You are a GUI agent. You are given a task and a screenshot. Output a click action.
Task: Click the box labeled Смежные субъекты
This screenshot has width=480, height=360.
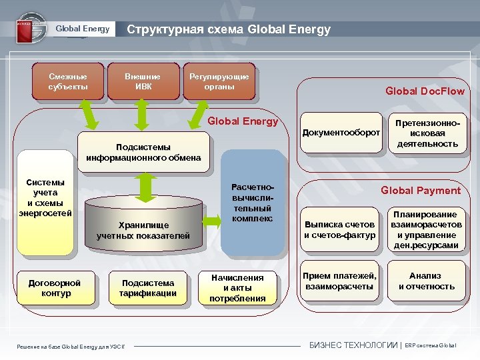tap(67, 81)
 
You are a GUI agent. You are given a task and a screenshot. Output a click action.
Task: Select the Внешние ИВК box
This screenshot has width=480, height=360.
tap(143, 81)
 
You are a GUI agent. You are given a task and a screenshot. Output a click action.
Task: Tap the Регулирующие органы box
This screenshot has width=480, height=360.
tap(219, 81)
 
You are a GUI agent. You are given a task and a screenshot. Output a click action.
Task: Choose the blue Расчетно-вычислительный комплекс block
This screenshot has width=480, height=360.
tap(252, 203)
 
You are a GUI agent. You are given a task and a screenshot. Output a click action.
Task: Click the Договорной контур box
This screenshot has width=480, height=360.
tap(55, 288)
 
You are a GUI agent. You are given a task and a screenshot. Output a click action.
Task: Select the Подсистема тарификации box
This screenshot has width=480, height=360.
tap(148, 288)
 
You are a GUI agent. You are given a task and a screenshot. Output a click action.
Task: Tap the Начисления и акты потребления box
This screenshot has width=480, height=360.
tap(237, 288)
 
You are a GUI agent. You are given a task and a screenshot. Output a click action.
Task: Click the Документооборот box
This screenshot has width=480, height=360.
tap(341, 133)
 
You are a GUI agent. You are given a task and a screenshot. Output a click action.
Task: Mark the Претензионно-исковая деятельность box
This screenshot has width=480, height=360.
tap(427, 134)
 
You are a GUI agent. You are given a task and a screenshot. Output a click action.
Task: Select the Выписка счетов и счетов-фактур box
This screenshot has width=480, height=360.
tap(340, 231)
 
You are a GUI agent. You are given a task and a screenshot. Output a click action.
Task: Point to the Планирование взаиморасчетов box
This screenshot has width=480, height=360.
tap(427, 230)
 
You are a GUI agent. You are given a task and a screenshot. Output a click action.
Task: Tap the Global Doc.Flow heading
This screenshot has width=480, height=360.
tap(425, 91)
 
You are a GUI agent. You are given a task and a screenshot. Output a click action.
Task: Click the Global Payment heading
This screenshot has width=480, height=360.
tap(420, 191)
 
